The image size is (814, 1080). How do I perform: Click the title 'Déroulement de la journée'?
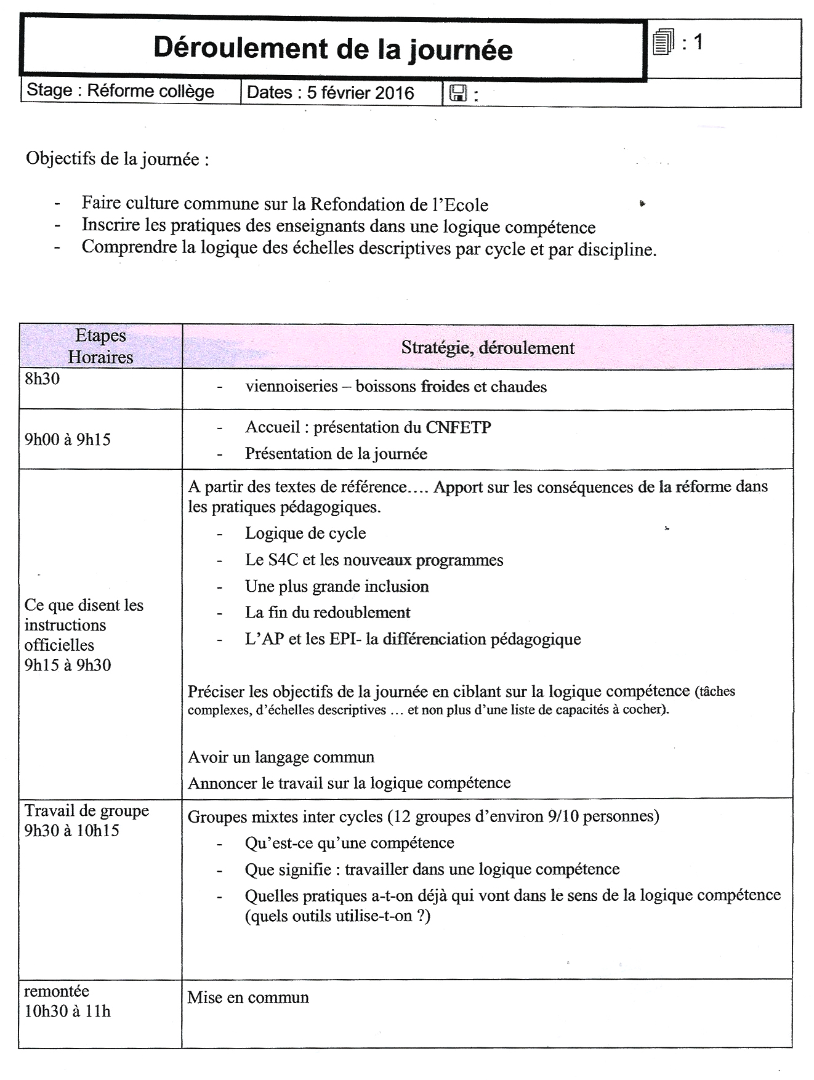pyautogui.click(x=332, y=49)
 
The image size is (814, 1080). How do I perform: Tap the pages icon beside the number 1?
pyautogui.click(x=663, y=42)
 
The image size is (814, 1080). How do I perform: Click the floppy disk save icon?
pyautogui.click(x=457, y=93)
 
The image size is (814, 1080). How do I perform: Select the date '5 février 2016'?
pyautogui.click(x=360, y=93)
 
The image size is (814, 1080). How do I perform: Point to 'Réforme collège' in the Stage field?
pyautogui.click(x=150, y=91)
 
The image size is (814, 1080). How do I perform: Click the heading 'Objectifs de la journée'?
pyautogui.click(x=117, y=159)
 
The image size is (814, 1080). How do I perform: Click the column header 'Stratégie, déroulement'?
pyautogui.click(x=488, y=348)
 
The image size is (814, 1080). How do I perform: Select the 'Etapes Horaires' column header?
pyautogui.click(x=100, y=346)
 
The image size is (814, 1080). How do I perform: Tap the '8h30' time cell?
pyautogui.click(x=42, y=379)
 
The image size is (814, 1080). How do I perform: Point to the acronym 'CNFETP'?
pyautogui.click(x=458, y=427)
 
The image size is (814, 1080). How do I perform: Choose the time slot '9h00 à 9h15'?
pyautogui.click(x=68, y=440)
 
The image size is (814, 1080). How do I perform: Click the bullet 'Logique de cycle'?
pyautogui.click(x=305, y=533)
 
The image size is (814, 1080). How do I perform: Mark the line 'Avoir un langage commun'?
pyautogui.click(x=281, y=757)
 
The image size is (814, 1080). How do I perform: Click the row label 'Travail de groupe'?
pyautogui.click(x=86, y=810)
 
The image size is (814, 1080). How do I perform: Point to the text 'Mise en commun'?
pyautogui.click(x=248, y=997)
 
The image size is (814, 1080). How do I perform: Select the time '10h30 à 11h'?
pyautogui.click(x=68, y=1011)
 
